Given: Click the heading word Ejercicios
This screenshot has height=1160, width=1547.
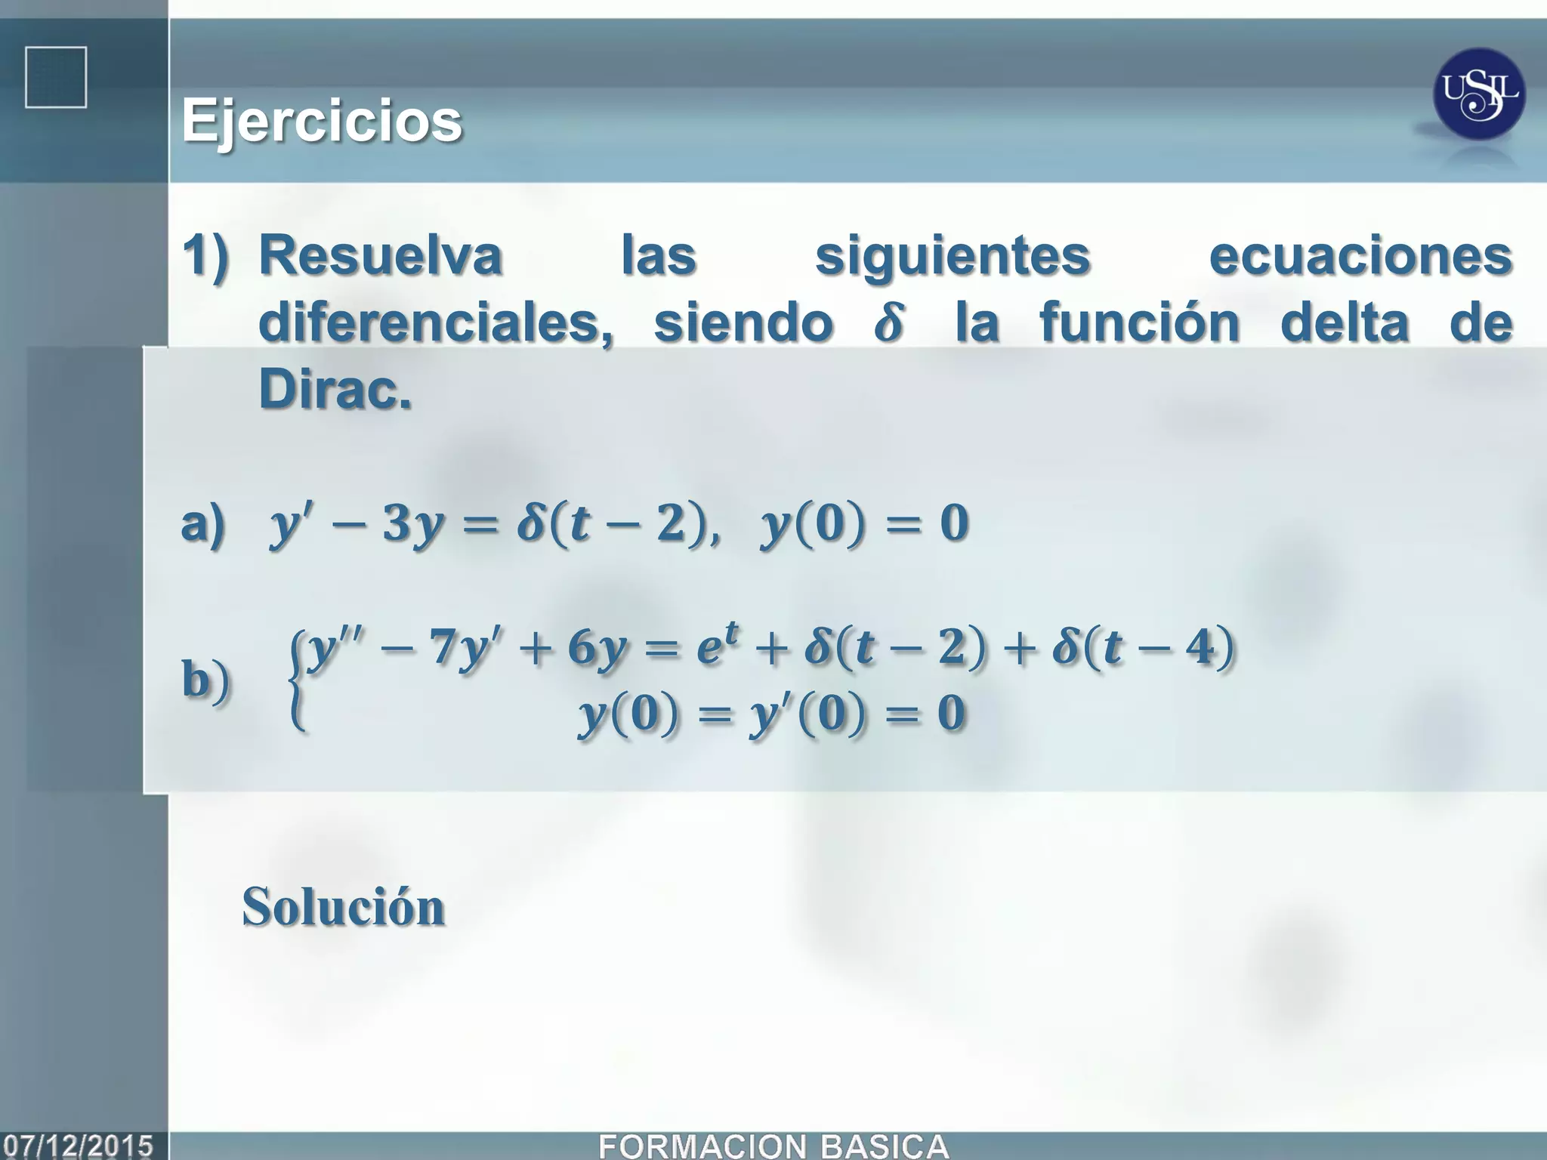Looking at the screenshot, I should pyautogui.click(x=322, y=121).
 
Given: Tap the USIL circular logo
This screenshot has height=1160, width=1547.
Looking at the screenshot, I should pyautogui.click(x=1478, y=94).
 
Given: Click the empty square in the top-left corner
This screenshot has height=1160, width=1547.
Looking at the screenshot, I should pyautogui.click(x=56, y=77).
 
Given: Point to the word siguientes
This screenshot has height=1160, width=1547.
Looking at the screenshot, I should pyautogui.click(x=953, y=257).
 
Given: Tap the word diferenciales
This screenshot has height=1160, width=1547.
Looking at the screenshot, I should pyautogui.click(x=436, y=322).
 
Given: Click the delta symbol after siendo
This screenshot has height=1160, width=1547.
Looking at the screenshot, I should pyautogui.click(x=888, y=322).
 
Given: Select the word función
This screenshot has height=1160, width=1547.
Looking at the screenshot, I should pyautogui.click(x=1140, y=322).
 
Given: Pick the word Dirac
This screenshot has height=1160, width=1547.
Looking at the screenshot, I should pyautogui.click(x=335, y=390).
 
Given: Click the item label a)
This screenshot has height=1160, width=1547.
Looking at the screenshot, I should pyautogui.click(x=203, y=523).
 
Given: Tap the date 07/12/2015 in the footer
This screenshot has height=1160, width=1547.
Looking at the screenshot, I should pyautogui.click(x=79, y=1146).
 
